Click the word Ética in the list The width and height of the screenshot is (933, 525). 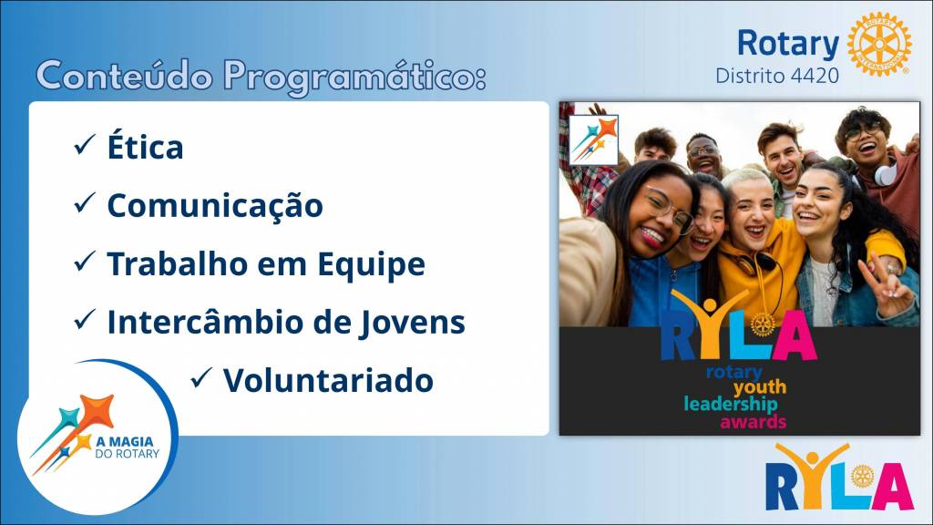(x=145, y=146)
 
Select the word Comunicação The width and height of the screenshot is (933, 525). (x=215, y=205)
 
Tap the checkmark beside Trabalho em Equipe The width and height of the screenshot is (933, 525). (x=85, y=262)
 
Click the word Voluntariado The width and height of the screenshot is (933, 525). (x=328, y=380)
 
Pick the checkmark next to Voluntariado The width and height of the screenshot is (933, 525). (x=201, y=378)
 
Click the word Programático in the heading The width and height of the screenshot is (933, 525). (x=354, y=77)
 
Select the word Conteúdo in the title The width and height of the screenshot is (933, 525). (x=124, y=75)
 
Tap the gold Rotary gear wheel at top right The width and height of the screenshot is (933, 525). (x=879, y=44)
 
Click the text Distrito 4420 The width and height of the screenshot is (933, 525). (x=777, y=76)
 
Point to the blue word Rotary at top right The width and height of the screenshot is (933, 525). (x=788, y=44)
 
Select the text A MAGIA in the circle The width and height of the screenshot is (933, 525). (x=124, y=442)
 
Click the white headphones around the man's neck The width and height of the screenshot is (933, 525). (x=885, y=174)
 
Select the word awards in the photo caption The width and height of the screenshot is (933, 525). (x=754, y=422)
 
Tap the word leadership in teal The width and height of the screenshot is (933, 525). (x=731, y=404)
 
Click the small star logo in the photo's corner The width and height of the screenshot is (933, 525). (x=594, y=139)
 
